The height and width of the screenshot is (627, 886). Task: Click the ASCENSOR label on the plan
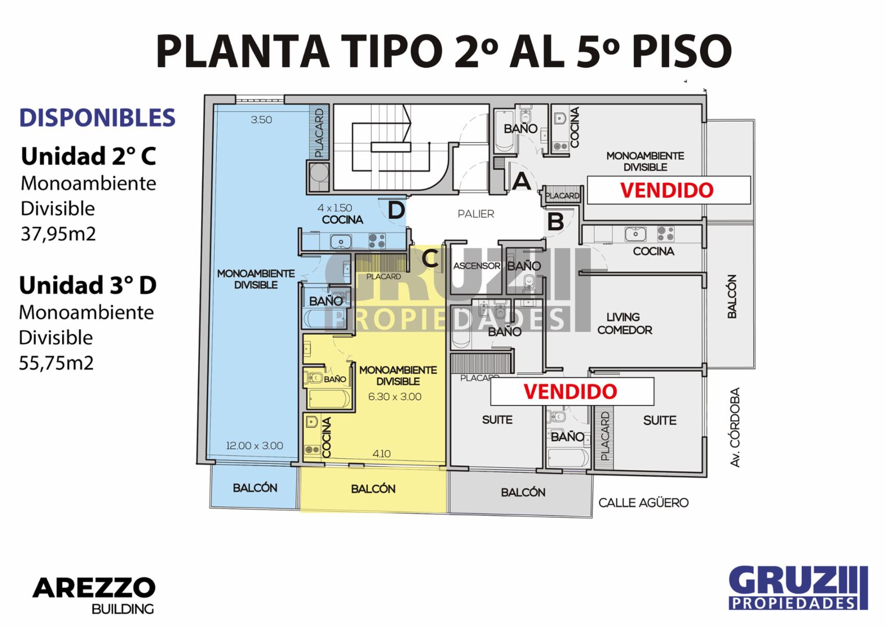click(476, 266)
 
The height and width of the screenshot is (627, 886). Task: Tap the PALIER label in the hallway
click(476, 214)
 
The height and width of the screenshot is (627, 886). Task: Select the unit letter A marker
click(521, 181)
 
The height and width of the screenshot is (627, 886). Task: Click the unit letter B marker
click(555, 222)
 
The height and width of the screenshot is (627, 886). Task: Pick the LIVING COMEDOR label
click(625, 323)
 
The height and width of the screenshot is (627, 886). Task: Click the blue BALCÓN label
click(255, 488)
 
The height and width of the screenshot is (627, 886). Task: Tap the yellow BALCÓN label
click(373, 489)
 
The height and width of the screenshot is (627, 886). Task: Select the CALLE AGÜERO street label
click(644, 503)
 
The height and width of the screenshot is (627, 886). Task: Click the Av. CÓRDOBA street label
click(735, 427)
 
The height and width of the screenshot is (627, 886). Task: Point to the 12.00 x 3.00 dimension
click(254, 446)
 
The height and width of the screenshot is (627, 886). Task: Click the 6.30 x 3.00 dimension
click(395, 397)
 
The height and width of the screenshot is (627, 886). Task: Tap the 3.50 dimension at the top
click(261, 120)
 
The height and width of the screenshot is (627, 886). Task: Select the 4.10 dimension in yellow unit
click(381, 454)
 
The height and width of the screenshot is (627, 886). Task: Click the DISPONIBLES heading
click(97, 118)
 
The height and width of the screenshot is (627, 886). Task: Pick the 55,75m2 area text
click(56, 363)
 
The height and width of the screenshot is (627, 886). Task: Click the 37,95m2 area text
click(58, 234)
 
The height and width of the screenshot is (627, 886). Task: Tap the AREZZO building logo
click(94, 595)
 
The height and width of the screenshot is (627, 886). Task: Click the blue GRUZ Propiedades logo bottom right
click(798, 588)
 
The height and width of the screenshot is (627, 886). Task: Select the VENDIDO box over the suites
click(572, 392)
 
